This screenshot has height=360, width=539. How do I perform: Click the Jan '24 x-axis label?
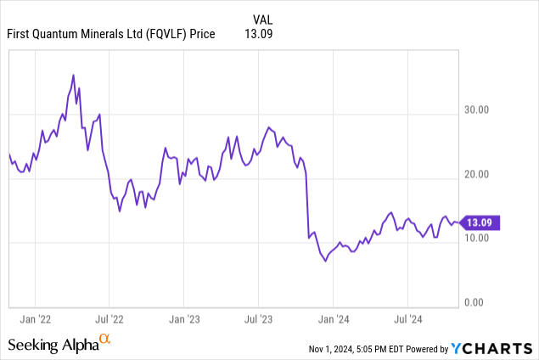click(334, 319)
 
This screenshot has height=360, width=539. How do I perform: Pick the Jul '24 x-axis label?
click(408, 319)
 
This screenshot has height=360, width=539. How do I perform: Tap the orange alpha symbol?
click(105, 340)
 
